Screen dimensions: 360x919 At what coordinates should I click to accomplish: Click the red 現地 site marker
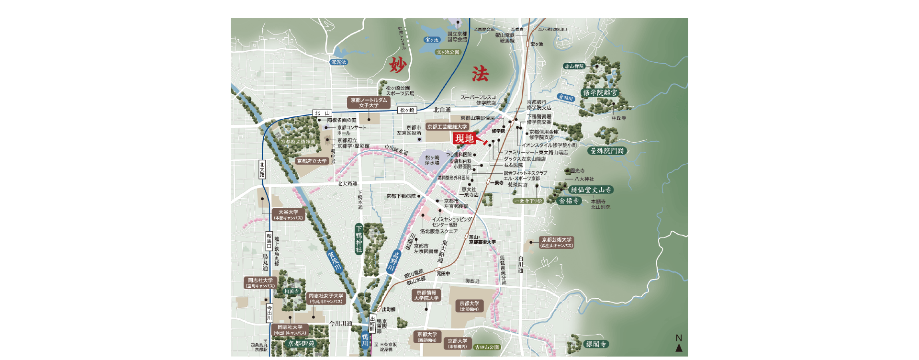(x=464, y=138)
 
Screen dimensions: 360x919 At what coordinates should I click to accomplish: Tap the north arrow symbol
(x=679, y=348)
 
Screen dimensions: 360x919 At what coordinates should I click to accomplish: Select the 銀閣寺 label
(x=596, y=344)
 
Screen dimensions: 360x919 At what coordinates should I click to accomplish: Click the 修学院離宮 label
(x=600, y=93)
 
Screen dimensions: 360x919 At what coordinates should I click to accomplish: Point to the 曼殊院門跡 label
(x=607, y=151)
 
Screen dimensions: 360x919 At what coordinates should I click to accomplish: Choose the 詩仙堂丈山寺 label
(x=591, y=190)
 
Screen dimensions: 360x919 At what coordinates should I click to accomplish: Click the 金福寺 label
(x=569, y=201)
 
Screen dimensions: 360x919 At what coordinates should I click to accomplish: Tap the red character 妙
(x=397, y=65)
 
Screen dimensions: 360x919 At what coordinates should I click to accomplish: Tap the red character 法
(x=480, y=74)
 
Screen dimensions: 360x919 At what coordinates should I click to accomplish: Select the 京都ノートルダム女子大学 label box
(x=369, y=102)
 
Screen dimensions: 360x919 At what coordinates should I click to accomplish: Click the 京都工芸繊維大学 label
(x=447, y=127)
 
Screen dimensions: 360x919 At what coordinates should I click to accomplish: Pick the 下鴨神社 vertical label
(x=359, y=239)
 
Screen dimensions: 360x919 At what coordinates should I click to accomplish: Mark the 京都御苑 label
(x=301, y=344)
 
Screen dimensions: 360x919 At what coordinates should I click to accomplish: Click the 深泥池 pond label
(x=338, y=62)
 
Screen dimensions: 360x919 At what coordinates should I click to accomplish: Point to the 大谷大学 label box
(x=288, y=215)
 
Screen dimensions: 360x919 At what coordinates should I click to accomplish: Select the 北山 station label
(x=322, y=113)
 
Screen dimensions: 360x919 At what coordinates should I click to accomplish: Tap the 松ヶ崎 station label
(x=407, y=110)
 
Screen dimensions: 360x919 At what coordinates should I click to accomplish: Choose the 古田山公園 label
(x=487, y=347)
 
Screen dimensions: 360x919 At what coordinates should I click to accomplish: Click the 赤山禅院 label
(x=574, y=66)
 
